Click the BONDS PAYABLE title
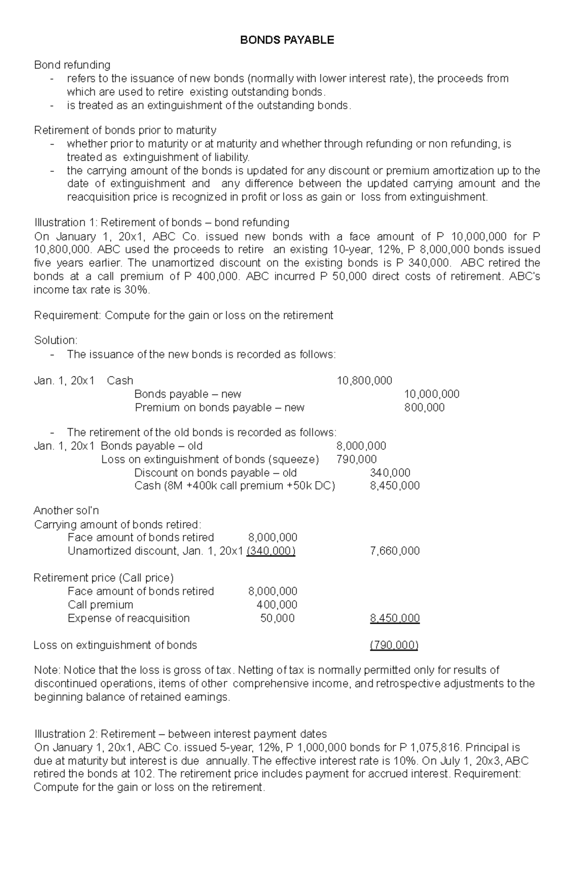[286, 41]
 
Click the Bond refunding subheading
[72, 65]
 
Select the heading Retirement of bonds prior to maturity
[125, 130]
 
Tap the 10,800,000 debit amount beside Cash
[364, 381]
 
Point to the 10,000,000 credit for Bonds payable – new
[431, 394]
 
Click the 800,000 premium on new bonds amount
[424, 407]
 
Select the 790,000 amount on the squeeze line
[356, 459]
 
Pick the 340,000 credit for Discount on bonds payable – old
[390, 473]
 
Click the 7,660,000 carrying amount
[395, 551]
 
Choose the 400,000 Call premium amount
[276, 605]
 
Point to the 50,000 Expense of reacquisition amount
[277, 618]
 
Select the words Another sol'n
[66, 511]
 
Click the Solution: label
[55, 340]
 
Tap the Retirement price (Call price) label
[103, 578]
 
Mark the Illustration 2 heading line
[180, 734]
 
